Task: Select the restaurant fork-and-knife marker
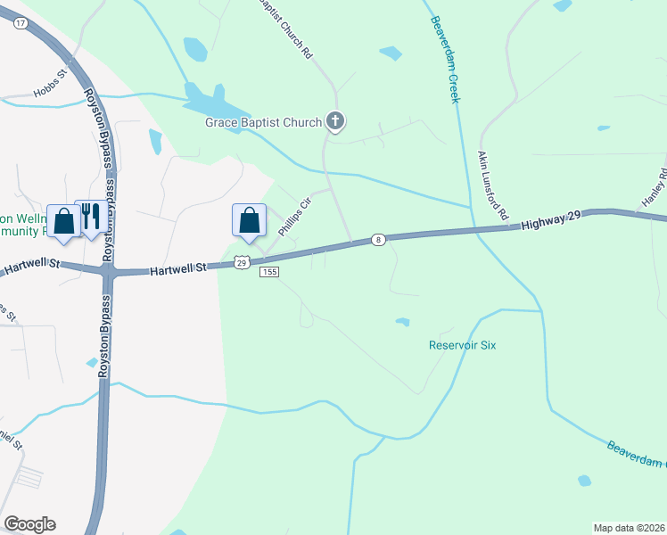coord(90,218)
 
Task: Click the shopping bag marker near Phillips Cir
coord(251,219)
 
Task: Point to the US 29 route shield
coord(242,261)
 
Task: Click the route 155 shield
coord(269,272)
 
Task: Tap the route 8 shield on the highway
coord(379,239)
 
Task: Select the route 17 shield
coord(20,26)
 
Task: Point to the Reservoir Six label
coord(462,345)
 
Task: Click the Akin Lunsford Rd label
coord(491,185)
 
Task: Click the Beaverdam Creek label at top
coord(445,58)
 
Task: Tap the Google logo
coord(29,524)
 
